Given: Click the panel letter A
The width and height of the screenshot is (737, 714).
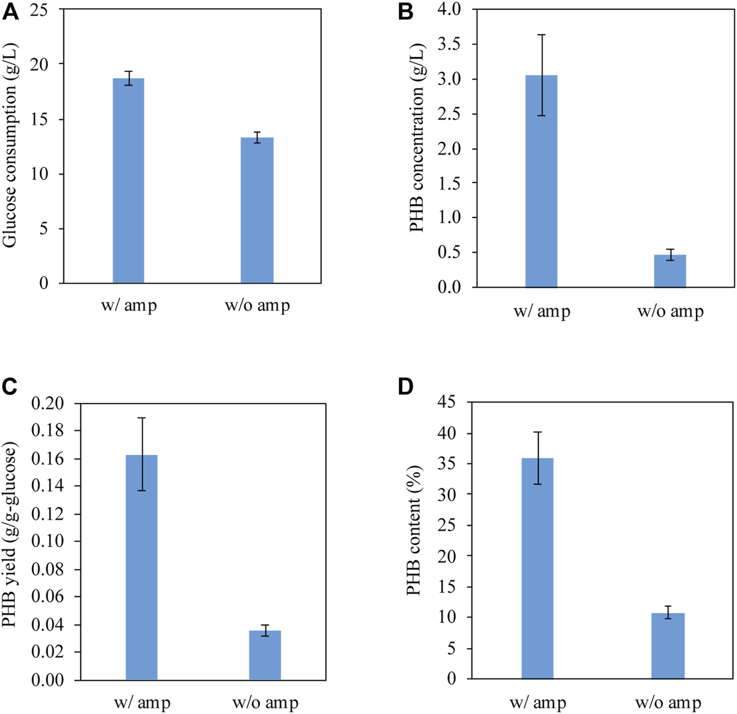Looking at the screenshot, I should (11, 12).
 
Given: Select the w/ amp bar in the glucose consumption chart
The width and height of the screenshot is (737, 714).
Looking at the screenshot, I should (129, 181).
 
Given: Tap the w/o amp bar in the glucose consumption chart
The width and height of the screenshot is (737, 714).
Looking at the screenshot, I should (257, 210).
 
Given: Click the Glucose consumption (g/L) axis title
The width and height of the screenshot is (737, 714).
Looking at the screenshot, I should (10, 146).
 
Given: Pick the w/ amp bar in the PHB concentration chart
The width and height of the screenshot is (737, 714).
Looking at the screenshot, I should (541, 181).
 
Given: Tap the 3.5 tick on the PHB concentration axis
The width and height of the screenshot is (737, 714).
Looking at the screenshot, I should (448, 45).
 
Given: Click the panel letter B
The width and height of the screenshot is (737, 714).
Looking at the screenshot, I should (406, 12).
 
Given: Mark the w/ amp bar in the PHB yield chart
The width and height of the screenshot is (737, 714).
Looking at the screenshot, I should (142, 567).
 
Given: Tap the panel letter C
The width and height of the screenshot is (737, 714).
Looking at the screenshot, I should (11, 387).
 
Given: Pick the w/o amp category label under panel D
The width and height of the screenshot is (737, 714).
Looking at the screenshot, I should (668, 703).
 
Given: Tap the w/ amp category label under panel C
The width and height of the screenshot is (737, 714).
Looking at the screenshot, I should (142, 703).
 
